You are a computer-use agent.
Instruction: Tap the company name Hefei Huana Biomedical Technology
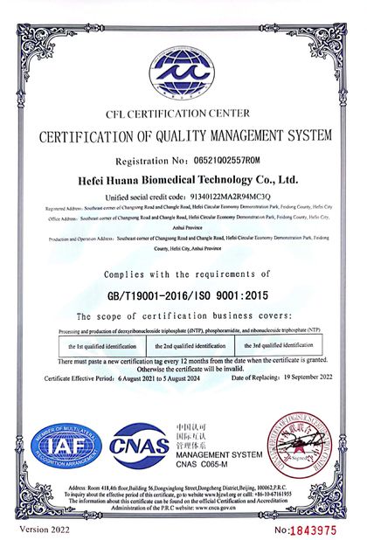tap(183, 177)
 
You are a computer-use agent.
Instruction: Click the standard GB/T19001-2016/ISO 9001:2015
tap(183, 295)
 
